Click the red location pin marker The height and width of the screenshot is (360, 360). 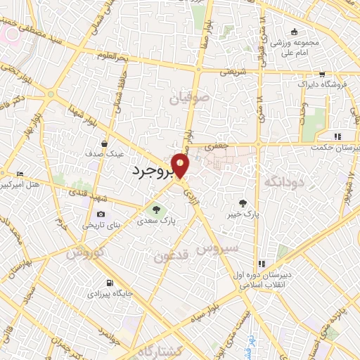coord(181,165)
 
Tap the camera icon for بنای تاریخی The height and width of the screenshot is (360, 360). coord(101,214)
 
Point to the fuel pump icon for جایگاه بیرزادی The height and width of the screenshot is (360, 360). coord(109,284)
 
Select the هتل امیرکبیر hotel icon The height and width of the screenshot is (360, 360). coord(20,174)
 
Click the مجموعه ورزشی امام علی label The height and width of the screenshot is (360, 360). coord(295,45)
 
